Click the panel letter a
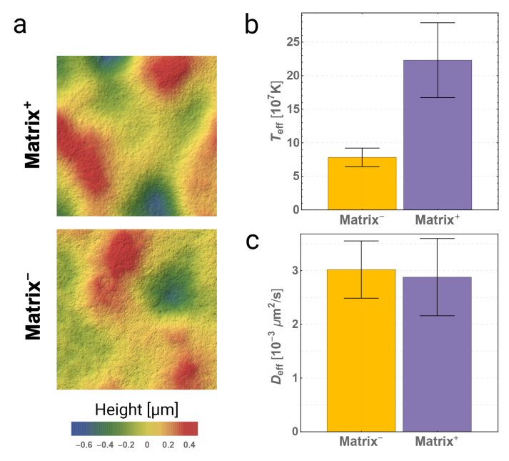pyautogui.click(x=21, y=26)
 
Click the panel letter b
pyautogui.click(x=252, y=26)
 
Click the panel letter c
pyautogui.click(x=252, y=241)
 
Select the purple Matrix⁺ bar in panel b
pyautogui.click(x=437, y=135)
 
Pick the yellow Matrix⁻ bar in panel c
pyautogui.click(x=362, y=350)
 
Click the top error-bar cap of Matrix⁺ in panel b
pyautogui.click(x=437, y=23)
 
